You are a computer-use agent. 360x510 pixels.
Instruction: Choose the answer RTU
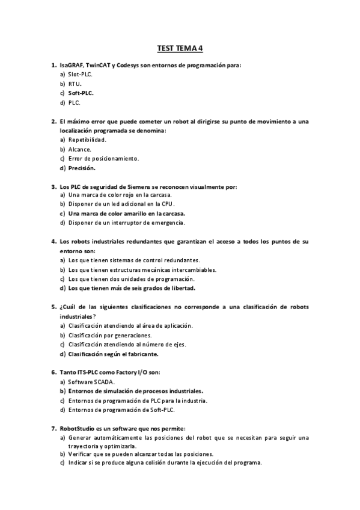click(x=75, y=83)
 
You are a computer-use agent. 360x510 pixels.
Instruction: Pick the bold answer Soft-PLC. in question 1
click(x=81, y=93)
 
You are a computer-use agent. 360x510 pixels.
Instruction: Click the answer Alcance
click(x=80, y=149)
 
